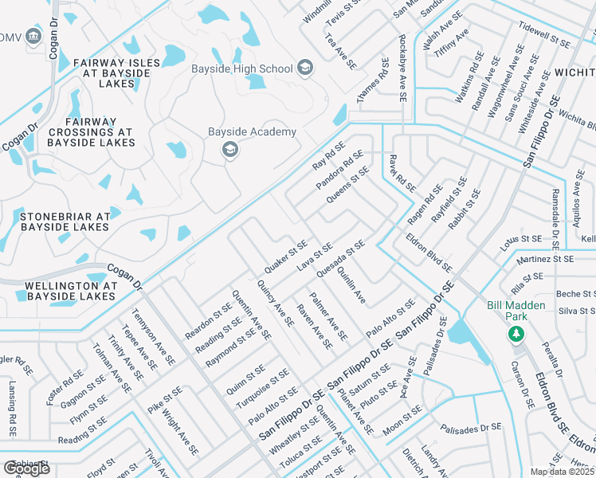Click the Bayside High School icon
pyautogui.click(x=305, y=69)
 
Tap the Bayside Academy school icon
pyautogui.click(x=230, y=149)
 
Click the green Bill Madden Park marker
pyautogui.click(x=517, y=332)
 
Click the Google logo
pyautogui.click(x=26, y=468)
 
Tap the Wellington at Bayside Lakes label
pyautogui.click(x=71, y=291)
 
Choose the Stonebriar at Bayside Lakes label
pyautogui.click(x=65, y=221)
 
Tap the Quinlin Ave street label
pyautogui.click(x=351, y=285)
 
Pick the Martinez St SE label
pyautogui.click(x=544, y=259)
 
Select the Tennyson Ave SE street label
pyautogui.click(x=154, y=338)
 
